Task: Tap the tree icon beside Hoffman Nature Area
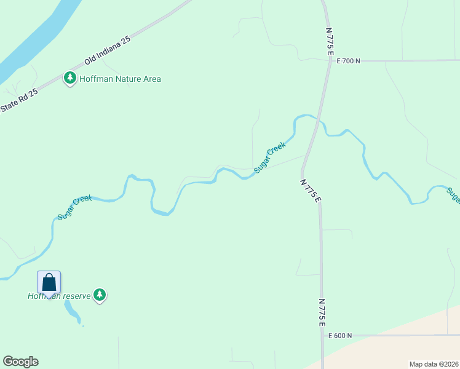[x=70, y=78]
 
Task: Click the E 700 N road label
[x=348, y=61]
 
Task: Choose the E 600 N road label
[x=339, y=336]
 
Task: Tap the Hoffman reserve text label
[x=59, y=296]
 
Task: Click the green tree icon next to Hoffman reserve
[x=100, y=295]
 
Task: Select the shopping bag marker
[x=49, y=282]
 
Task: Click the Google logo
[x=20, y=362]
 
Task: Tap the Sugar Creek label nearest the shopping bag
[x=74, y=208]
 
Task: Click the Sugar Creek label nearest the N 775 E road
[x=270, y=157]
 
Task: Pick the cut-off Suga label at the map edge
[x=453, y=196]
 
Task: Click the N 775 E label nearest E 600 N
[x=322, y=312]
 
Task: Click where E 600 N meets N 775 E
[x=322, y=336]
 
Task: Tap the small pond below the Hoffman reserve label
[x=72, y=314]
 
